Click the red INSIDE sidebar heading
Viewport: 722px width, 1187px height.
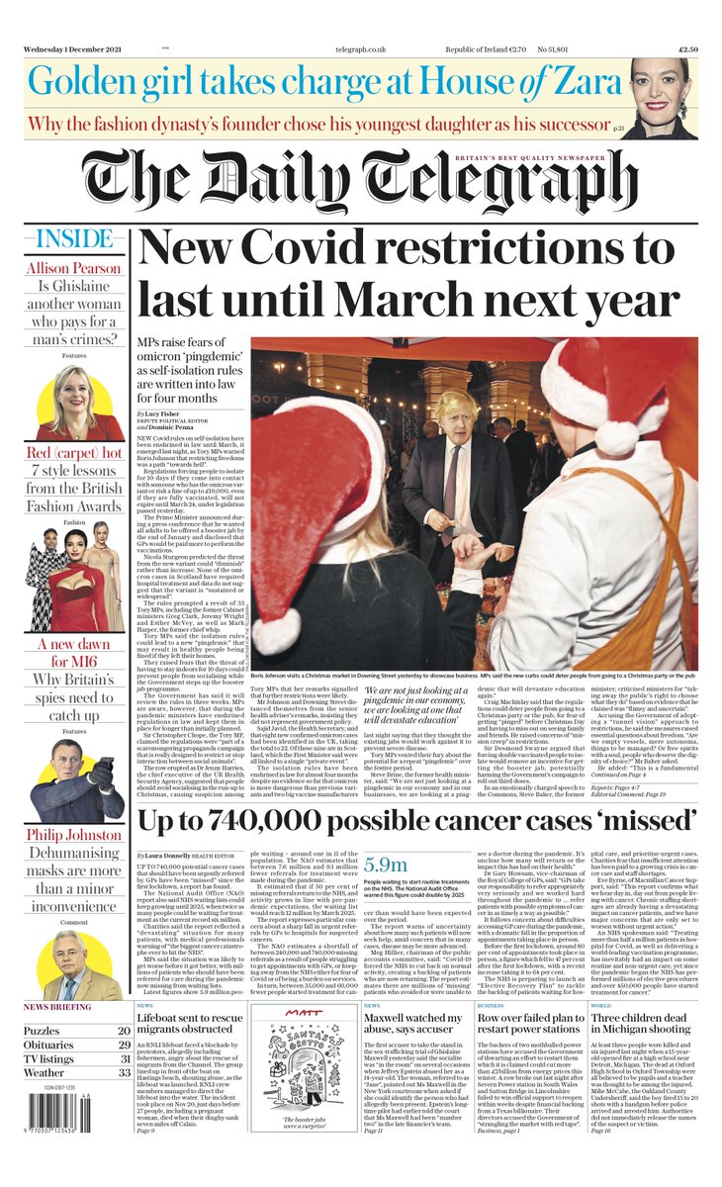[x=75, y=239]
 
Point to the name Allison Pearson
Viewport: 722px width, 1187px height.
[x=75, y=268]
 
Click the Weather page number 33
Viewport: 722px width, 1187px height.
[x=125, y=1072]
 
